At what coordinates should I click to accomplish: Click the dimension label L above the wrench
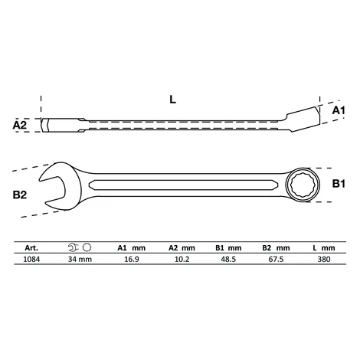point(173,100)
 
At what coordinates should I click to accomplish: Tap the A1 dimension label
point(339,110)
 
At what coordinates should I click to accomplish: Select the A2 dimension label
point(20,125)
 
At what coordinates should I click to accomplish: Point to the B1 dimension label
point(339,183)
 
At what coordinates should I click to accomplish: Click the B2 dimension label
point(20,195)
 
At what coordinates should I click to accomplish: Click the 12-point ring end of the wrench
point(303,185)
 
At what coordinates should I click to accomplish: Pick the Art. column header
point(31,248)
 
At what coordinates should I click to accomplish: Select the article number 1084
point(31,260)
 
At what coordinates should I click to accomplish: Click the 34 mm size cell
point(80,260)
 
